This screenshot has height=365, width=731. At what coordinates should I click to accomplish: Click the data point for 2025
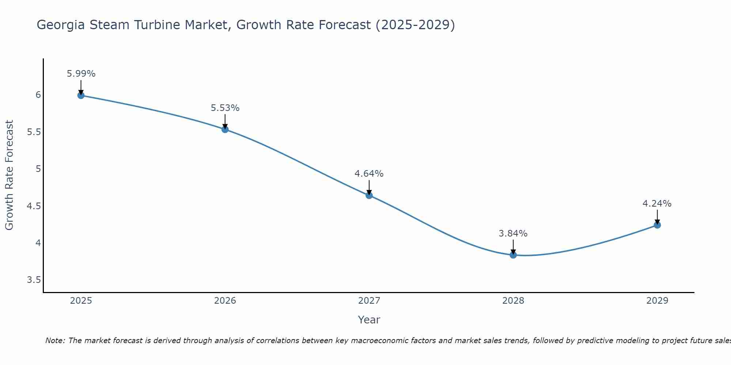click(x=81, y=95)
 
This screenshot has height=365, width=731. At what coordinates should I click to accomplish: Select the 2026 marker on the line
click(x=225, y=129)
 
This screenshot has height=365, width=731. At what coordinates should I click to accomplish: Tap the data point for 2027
click(x=369, y=195)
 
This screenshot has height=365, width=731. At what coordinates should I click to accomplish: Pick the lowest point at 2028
click(x=513, y=255)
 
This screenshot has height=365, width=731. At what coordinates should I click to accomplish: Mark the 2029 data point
click(x=657, y=225)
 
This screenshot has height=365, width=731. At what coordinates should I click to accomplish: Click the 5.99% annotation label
click(x=81, y=74)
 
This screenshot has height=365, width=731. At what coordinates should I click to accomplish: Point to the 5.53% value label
click(x=225, y=108)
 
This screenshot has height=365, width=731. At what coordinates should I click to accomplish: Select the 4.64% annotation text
click(x=369, y=174)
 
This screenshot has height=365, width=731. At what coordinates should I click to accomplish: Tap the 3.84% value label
click(x=513, y=234)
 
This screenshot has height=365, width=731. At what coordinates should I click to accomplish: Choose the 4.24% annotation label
click(x=657, y=204)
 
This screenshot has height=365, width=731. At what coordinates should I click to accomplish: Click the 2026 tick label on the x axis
click(x=225, y=301)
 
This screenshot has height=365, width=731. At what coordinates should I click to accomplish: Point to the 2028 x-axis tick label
click(x=513, y=301)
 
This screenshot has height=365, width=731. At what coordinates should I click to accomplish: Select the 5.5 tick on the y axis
click(x=34, y=132)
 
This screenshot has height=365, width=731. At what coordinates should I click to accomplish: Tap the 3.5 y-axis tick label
click(x=34, y=280)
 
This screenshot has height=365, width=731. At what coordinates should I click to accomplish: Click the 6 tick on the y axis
click(x=38, y=95)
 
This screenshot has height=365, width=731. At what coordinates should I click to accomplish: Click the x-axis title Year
click(x=369, y=320)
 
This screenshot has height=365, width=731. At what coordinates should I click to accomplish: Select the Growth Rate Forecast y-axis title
click(x=10, y=175)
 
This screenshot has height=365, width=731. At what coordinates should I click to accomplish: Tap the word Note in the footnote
click(x=55, y=341)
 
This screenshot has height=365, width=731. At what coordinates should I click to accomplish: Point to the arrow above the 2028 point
click(x=513, y=247)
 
